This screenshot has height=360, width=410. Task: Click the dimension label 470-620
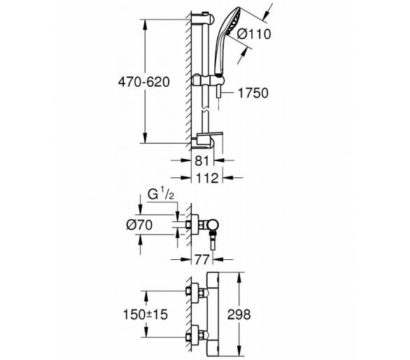coord(144,82)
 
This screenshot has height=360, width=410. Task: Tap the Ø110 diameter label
coord(254,34)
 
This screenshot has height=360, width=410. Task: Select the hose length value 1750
coord(253,93)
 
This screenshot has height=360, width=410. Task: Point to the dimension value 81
coord(202,160)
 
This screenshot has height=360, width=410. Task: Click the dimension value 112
coord(207,178)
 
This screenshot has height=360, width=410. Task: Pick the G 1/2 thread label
coord(160,195)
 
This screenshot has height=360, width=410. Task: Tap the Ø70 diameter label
coord(139,225)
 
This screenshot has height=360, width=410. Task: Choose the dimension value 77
coord(202,259)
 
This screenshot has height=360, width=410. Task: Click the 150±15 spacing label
coord(145,314)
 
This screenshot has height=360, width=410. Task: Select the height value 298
coord(239,314)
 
